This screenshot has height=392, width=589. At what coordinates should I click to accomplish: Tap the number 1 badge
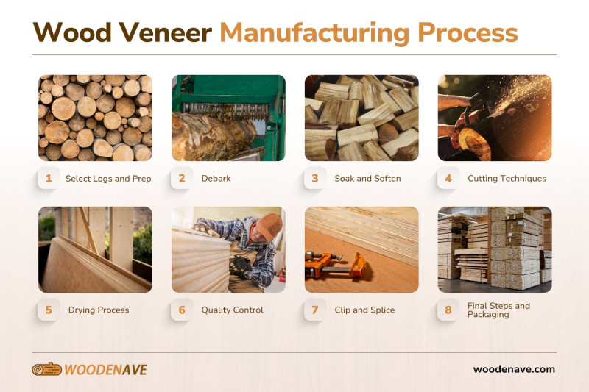(49, 178)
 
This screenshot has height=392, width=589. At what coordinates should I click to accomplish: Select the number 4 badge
(448, 178)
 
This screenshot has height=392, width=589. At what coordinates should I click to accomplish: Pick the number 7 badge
(315, 310)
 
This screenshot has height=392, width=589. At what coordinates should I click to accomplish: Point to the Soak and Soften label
(367, 179)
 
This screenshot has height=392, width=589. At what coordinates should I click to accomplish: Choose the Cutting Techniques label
(507, 179)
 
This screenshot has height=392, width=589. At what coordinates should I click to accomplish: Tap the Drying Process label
(99, 310)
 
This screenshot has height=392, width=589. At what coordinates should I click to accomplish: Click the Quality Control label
(232, 310)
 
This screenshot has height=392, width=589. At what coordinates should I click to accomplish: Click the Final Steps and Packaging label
(498, 310)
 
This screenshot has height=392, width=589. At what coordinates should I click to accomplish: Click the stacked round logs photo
(95, 118)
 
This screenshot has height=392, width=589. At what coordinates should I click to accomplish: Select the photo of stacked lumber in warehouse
(495, 250)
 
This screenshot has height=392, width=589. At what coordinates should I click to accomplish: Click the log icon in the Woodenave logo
(46, 369)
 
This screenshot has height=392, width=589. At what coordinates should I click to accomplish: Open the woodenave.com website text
(514, 369)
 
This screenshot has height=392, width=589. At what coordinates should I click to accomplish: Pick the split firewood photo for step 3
(361, 118)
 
